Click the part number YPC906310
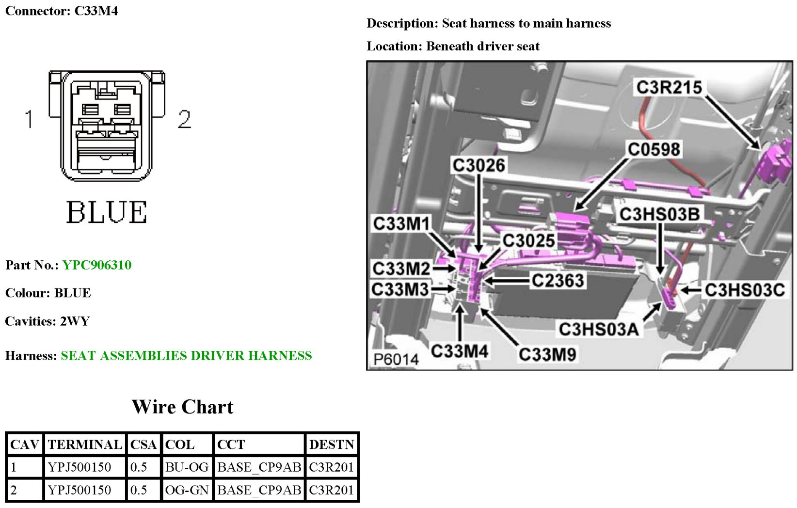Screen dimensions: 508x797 pyautogui.click(x=96, y=265)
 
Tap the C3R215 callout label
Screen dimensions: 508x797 pyautogui.click(x=669, y=87)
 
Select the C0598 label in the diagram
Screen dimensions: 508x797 pyautogui.click(x=654, y=149)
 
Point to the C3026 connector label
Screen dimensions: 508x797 pyautogui.click(x=478, y=165)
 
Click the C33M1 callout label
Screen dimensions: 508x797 pyautogui.click(x=401, y=224)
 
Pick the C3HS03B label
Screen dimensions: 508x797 pyautogui.click(x=659, y=214)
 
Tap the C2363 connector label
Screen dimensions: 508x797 pyautogui.click(x=558, y=280)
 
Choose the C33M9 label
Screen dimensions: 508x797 pyautogui.click(x=547, y=354)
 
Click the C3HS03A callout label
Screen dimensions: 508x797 pyautogui.click(x=598, y=329)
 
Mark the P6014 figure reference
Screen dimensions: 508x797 pyautogui.click(x=396, y=359)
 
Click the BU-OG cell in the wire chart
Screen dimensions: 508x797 pyautogui.click(x=187, y=467)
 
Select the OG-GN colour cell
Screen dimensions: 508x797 pyautogui.click(x=187, y=490)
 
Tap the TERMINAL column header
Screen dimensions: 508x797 pyautogui.click(x=85, y=444)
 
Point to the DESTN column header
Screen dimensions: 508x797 pyautogui.click(x=332, y=444)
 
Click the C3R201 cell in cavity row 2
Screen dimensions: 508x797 pyautogui.click(x=332, y=490)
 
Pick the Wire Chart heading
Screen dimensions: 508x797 pyautogui.click(x=182, y=407)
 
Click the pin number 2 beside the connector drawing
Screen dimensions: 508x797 pyautogui.click(x=184, y=119)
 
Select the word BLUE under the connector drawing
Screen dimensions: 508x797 pyautogui.click(x=107, y=212)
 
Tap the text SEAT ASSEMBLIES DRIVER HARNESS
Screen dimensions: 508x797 pyautogui.click(x=186, y=356)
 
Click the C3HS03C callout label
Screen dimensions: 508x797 pyautogui.click(x=744, y=290)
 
